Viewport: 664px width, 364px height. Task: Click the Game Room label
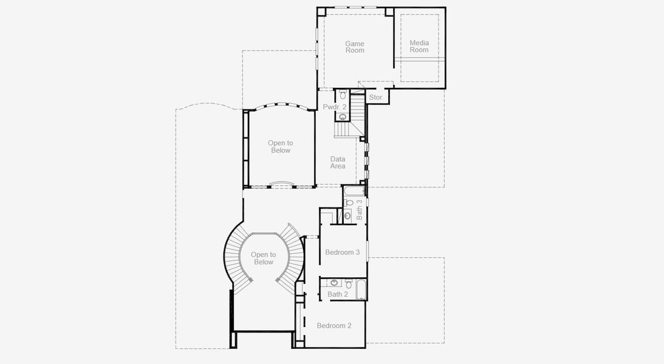[x=355, y=47]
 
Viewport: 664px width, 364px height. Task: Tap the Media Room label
[x=419, y=46]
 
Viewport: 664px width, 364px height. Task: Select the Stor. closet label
[x=376, y=97]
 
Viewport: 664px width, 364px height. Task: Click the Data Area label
[x=338, y=163]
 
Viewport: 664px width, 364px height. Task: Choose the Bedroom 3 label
[x=343, y=252]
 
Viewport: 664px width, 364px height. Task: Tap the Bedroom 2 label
[x=334, y=326]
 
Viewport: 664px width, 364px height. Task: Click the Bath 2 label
[x=337, y=294]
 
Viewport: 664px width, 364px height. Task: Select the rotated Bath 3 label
[x=360, y=209]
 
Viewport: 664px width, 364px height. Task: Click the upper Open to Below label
[x=279, y=147]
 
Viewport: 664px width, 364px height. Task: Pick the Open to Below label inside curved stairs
[x=264, y=258]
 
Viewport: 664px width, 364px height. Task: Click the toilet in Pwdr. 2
[x=343, y=95]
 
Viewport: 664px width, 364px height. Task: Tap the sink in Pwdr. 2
[x=343, y=116]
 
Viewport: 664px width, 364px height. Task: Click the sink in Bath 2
[x=334, y=283]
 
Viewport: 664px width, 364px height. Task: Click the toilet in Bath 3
[x=349, y=203]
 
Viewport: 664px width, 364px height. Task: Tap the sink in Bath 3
[x=347, y=215]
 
